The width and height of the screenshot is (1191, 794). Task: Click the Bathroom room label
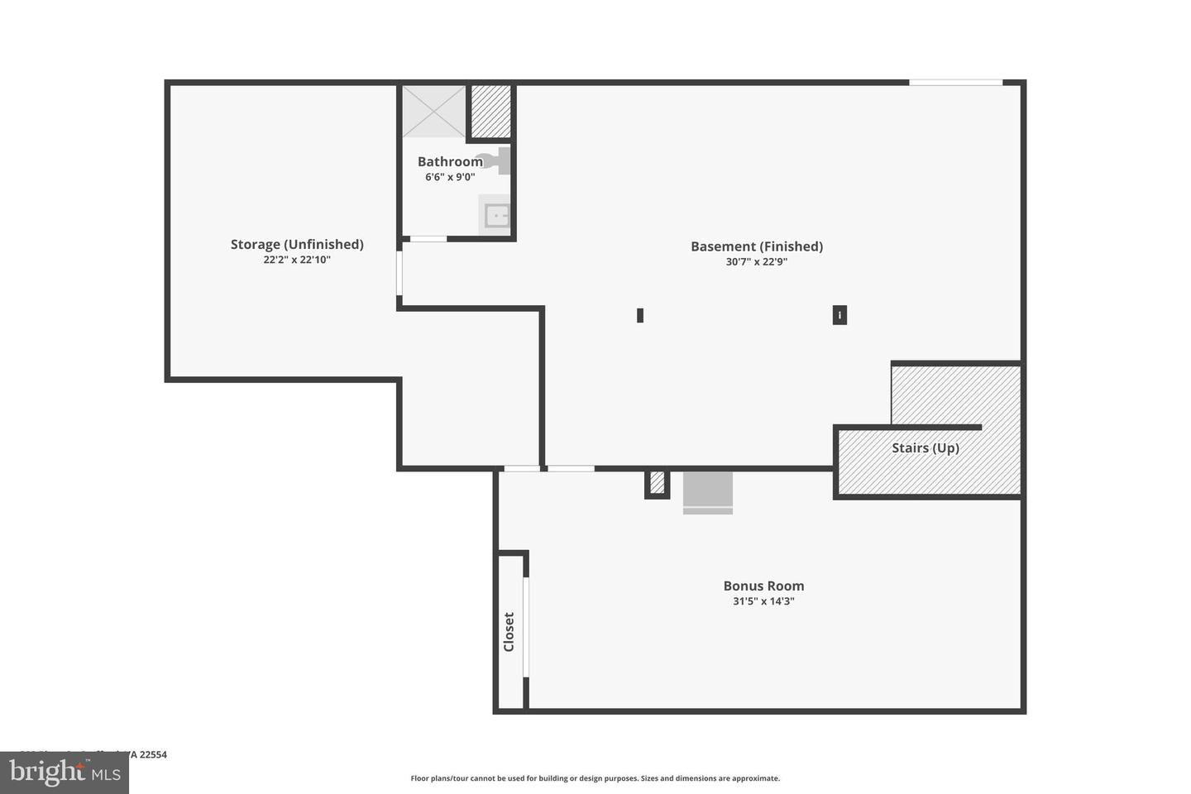[450, 161]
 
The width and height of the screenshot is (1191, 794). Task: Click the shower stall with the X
[434, 112]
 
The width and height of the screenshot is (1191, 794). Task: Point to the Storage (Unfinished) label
[297, 244]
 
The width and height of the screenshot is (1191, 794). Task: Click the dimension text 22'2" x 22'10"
[297, 260]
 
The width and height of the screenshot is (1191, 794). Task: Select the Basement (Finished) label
[757, 246]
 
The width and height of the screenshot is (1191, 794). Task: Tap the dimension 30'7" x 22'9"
[757, 262]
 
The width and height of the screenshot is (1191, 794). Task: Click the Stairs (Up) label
[926, 447]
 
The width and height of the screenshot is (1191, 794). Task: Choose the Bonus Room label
[763, 586]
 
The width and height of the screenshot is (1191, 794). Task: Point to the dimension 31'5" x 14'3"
[763, 601]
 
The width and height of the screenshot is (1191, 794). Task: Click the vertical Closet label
[509, 632]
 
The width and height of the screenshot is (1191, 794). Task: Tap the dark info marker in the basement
[839, 315]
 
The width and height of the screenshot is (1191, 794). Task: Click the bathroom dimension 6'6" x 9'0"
[450, 177]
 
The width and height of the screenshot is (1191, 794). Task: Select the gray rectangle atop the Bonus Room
[708, 492]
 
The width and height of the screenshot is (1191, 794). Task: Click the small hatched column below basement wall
[658, 482]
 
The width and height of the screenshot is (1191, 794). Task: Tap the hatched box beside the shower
[490, 112]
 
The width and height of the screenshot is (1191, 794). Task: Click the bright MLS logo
[65, 772]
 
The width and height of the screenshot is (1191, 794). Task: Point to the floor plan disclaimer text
[595, 778]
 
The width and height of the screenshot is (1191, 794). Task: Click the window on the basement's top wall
[956, 83]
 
